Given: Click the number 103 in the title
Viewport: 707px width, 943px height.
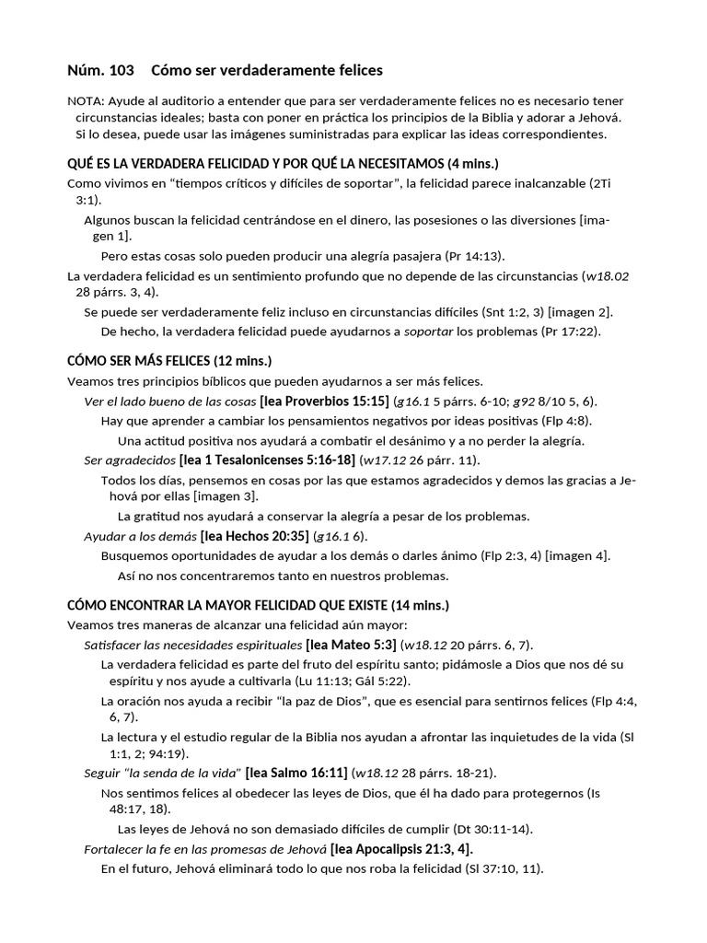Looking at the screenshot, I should (121, 70).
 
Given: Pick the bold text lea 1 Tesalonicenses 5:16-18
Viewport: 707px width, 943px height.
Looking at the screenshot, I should (268, 460).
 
